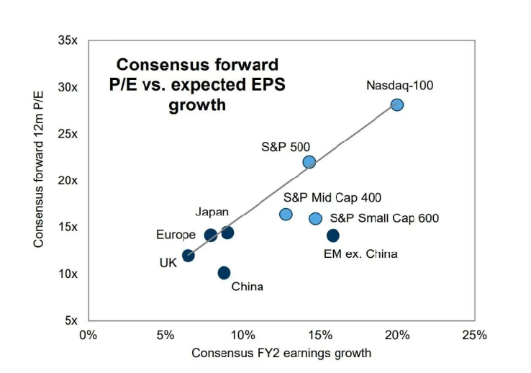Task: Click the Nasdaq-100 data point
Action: tap(397, 105)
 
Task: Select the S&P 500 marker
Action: tap(309, 162)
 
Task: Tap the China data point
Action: tap(224, 273)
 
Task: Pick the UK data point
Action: tap(189, 256)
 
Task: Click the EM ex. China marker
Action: tap(333, 235)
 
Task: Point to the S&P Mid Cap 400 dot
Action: tap(286, 214)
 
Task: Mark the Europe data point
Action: tap(211, 235)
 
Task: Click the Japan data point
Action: tap(227, 233)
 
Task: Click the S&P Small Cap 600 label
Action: tap(384, 219)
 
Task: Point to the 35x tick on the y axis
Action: tap(68, 41)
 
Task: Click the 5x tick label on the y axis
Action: tap(71, 320)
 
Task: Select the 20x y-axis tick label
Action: tap(68, 181)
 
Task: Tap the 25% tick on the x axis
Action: tap(474, 335)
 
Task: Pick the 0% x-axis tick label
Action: tap(88, 335)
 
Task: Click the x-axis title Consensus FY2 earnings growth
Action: tap(281, 353)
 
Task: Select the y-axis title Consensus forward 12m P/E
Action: tap(39, 180)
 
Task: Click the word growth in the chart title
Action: tap(197, 105)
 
